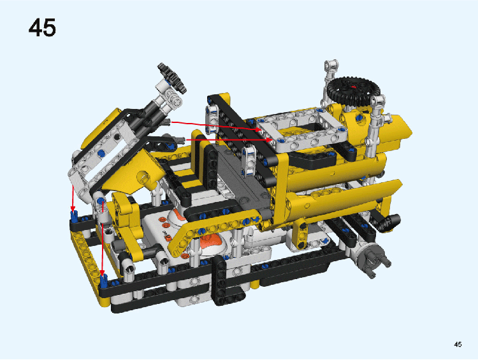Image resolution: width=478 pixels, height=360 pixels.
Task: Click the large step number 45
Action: (x=42, y=27)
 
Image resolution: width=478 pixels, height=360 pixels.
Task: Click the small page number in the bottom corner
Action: (x=458, y=345)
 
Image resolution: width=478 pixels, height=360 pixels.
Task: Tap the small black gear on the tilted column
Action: (x=172, y=78)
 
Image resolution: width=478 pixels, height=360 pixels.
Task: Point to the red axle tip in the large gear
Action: (x=353, y=87)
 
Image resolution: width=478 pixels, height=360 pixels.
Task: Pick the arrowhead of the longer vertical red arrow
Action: (x=102, y=272)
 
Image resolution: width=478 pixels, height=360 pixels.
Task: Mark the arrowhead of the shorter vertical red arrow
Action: (x=73, y=208)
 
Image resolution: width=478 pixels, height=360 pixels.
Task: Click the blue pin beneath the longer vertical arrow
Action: (x=104, y=280)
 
